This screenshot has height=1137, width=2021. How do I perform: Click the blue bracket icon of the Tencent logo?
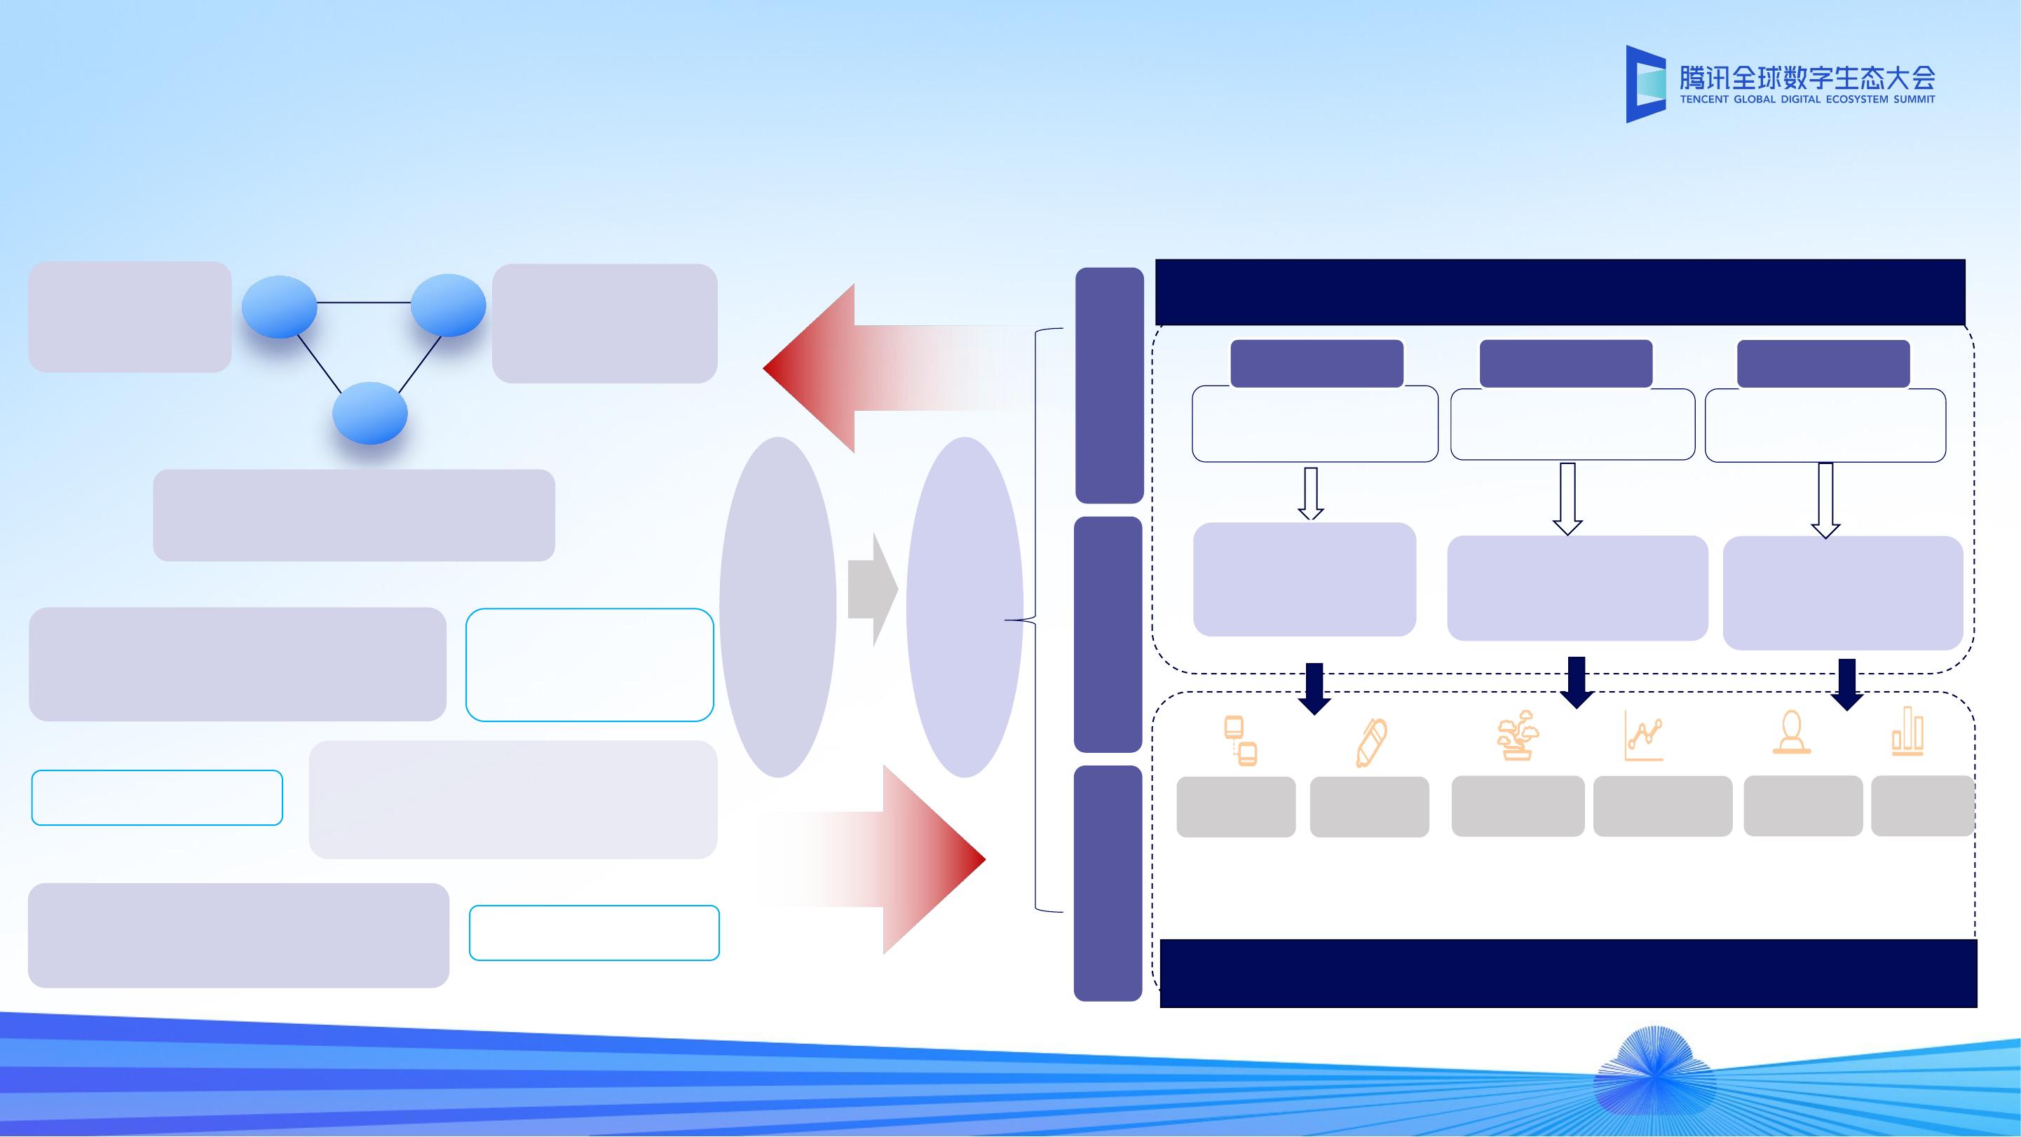[1645, 84]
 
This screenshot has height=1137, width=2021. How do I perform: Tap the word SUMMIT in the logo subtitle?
[1914, 100]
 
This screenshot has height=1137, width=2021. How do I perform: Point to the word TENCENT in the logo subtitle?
[1703, 100]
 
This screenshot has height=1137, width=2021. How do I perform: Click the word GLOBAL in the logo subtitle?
[1753, 100]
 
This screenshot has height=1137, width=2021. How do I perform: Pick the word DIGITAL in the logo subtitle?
[1798, 100]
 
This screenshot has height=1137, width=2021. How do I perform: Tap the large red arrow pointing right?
[902, 859]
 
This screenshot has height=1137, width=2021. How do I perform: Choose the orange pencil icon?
[1370, 742]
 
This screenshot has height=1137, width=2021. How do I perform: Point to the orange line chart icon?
[1644, 736]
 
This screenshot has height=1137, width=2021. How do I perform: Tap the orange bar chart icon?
[1907, 731]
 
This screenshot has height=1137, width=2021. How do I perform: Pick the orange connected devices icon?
[1239, 741]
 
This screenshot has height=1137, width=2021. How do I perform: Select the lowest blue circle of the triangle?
[369, 414]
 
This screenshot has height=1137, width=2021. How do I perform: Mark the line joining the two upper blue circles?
[363, 303]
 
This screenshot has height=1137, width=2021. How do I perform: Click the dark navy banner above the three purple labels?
[1560, 292]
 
